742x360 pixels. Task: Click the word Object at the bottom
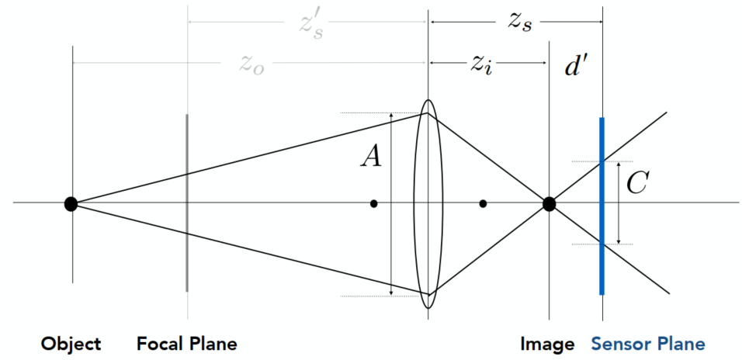tap(71, 344)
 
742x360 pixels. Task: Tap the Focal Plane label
tap(187, 344)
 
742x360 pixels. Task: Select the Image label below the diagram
tap(548, 344)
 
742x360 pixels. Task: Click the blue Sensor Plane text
tap(648, 344)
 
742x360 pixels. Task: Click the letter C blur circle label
tap(636, 184)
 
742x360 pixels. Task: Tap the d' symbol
tap(577, 67)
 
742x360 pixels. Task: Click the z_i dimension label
tap(482, 66)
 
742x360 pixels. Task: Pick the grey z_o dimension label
tap(251, 64)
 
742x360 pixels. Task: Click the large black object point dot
tap(71, 204)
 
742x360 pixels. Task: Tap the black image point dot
tap(549, 204)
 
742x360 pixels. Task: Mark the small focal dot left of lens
tap(374, 204)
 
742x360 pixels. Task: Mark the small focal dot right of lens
tap(483, 204)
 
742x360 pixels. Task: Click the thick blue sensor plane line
tap(602, 233)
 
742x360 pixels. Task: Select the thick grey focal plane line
tap(187, 233)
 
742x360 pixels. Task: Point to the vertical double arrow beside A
tap(392, 233)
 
